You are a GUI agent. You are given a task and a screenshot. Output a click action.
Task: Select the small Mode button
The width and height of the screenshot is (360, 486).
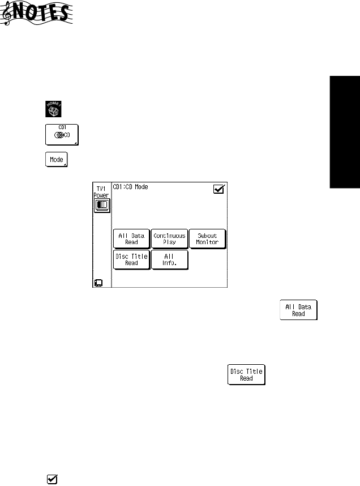point(55,159)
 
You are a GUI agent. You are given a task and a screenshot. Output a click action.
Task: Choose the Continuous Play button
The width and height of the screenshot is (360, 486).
point(169,238)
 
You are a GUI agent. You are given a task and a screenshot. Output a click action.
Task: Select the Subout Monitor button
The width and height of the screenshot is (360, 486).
point(207,238)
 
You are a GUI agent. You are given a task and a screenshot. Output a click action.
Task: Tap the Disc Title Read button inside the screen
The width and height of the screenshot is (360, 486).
point(131,259)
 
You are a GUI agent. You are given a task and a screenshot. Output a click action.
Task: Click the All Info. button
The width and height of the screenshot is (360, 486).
point(169,259)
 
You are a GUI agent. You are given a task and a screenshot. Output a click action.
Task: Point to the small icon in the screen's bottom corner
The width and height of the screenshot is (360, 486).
point(98,282)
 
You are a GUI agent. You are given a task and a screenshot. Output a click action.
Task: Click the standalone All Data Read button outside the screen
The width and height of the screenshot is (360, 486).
point(298,309)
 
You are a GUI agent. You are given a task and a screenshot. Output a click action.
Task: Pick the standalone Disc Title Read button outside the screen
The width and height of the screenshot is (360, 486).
point(246,374)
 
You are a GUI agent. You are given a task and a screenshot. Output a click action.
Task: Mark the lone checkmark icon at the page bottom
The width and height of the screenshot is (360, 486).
point(52,479)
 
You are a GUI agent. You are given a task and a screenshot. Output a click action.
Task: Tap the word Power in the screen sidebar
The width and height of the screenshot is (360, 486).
point(102,194)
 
